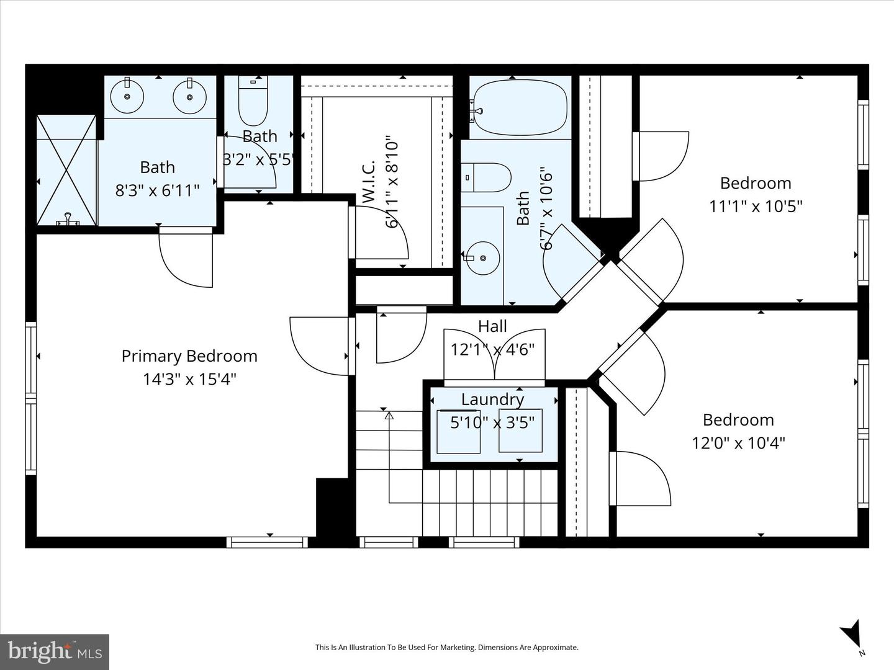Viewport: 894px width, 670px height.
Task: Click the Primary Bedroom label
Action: (189, 356)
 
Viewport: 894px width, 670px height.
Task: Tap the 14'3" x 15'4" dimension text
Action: (189, 379)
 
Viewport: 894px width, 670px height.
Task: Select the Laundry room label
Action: (492, 400)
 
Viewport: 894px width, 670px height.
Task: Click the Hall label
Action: (492, 326)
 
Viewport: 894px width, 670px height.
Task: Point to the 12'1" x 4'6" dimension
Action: (492, 350)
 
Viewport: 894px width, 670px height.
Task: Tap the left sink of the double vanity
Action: (127, 96)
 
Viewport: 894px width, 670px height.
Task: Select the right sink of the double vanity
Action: (189, 96)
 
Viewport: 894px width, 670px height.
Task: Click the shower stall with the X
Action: (66, 170)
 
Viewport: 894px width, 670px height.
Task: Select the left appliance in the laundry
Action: (458, 431)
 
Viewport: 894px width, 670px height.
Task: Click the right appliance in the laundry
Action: (520, 431)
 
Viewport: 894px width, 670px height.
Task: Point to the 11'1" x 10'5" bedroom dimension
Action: (756, 206)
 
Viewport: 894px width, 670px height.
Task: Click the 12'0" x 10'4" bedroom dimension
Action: (738, 443)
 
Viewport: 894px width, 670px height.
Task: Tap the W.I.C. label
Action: (368, 181)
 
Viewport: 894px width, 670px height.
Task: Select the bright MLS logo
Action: (55, 651)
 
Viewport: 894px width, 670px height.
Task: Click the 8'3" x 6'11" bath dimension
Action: (157, 190)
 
